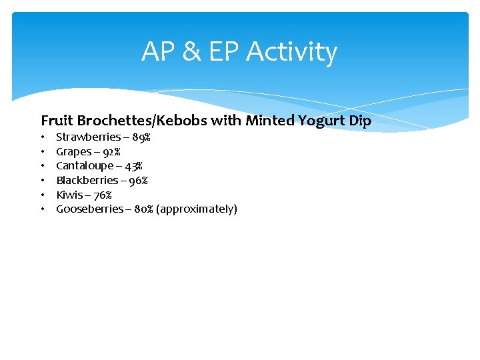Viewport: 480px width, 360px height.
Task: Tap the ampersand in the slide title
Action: [x=191, y=52]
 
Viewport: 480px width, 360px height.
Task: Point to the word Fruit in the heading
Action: [x=57, y=121]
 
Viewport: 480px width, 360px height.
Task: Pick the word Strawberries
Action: [x=88, y=137]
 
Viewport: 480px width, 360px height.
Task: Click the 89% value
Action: [x=141, y=137]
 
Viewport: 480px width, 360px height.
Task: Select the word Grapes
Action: [x=73, y=152]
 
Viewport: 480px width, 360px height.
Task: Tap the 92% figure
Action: [x=111, y=152]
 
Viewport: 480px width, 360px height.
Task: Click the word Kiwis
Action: [x=69, y=195]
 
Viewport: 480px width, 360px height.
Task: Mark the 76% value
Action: [x=103, y=195]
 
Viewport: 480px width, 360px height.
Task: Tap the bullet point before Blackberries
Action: [x=42, y=181]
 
